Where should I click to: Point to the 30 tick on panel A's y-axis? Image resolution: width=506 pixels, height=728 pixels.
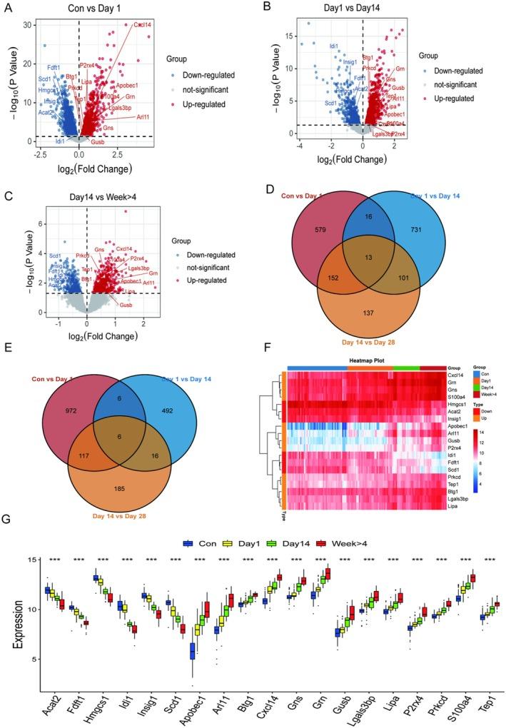pos(26,24)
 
